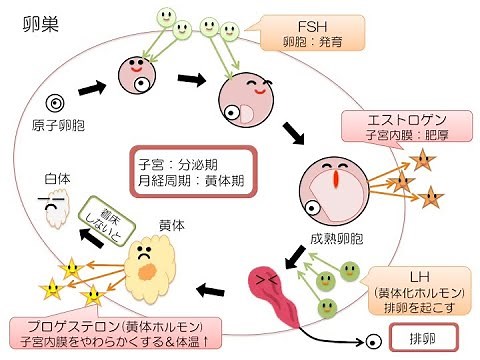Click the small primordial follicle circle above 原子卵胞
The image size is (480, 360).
click(57, 102)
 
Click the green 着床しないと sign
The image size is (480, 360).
click(108, 218)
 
